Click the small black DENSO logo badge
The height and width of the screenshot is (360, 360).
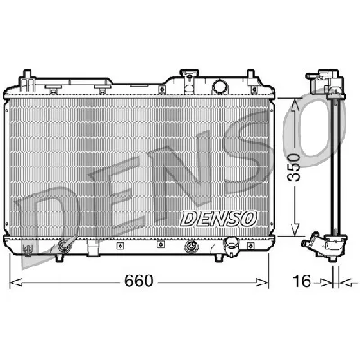(219, 216)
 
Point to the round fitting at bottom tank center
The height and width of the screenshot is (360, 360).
(192, 246)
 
